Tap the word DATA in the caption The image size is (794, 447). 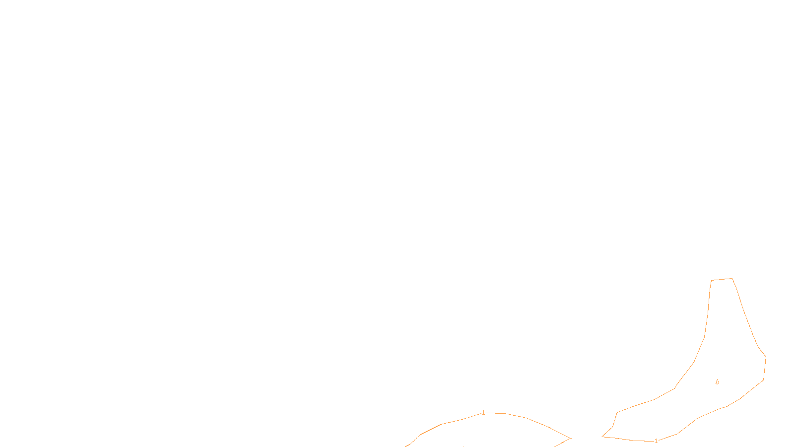coord(419,439)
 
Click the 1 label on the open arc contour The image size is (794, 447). coord(483,413)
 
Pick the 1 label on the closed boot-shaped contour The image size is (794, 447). coord(656,441)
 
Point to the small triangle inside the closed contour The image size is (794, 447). coord(717,381)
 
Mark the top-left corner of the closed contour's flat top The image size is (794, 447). coord(712,281)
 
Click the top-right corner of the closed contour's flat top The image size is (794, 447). coord(732,279)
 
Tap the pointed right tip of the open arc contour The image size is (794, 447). coord(571,438)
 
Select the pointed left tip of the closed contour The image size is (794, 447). coord(602,437)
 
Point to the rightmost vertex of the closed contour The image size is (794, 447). coord(766,356)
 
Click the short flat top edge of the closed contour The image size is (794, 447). coord(722,280)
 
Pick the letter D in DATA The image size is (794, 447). coord(414,439)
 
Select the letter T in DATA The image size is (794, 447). coord(421,439)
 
